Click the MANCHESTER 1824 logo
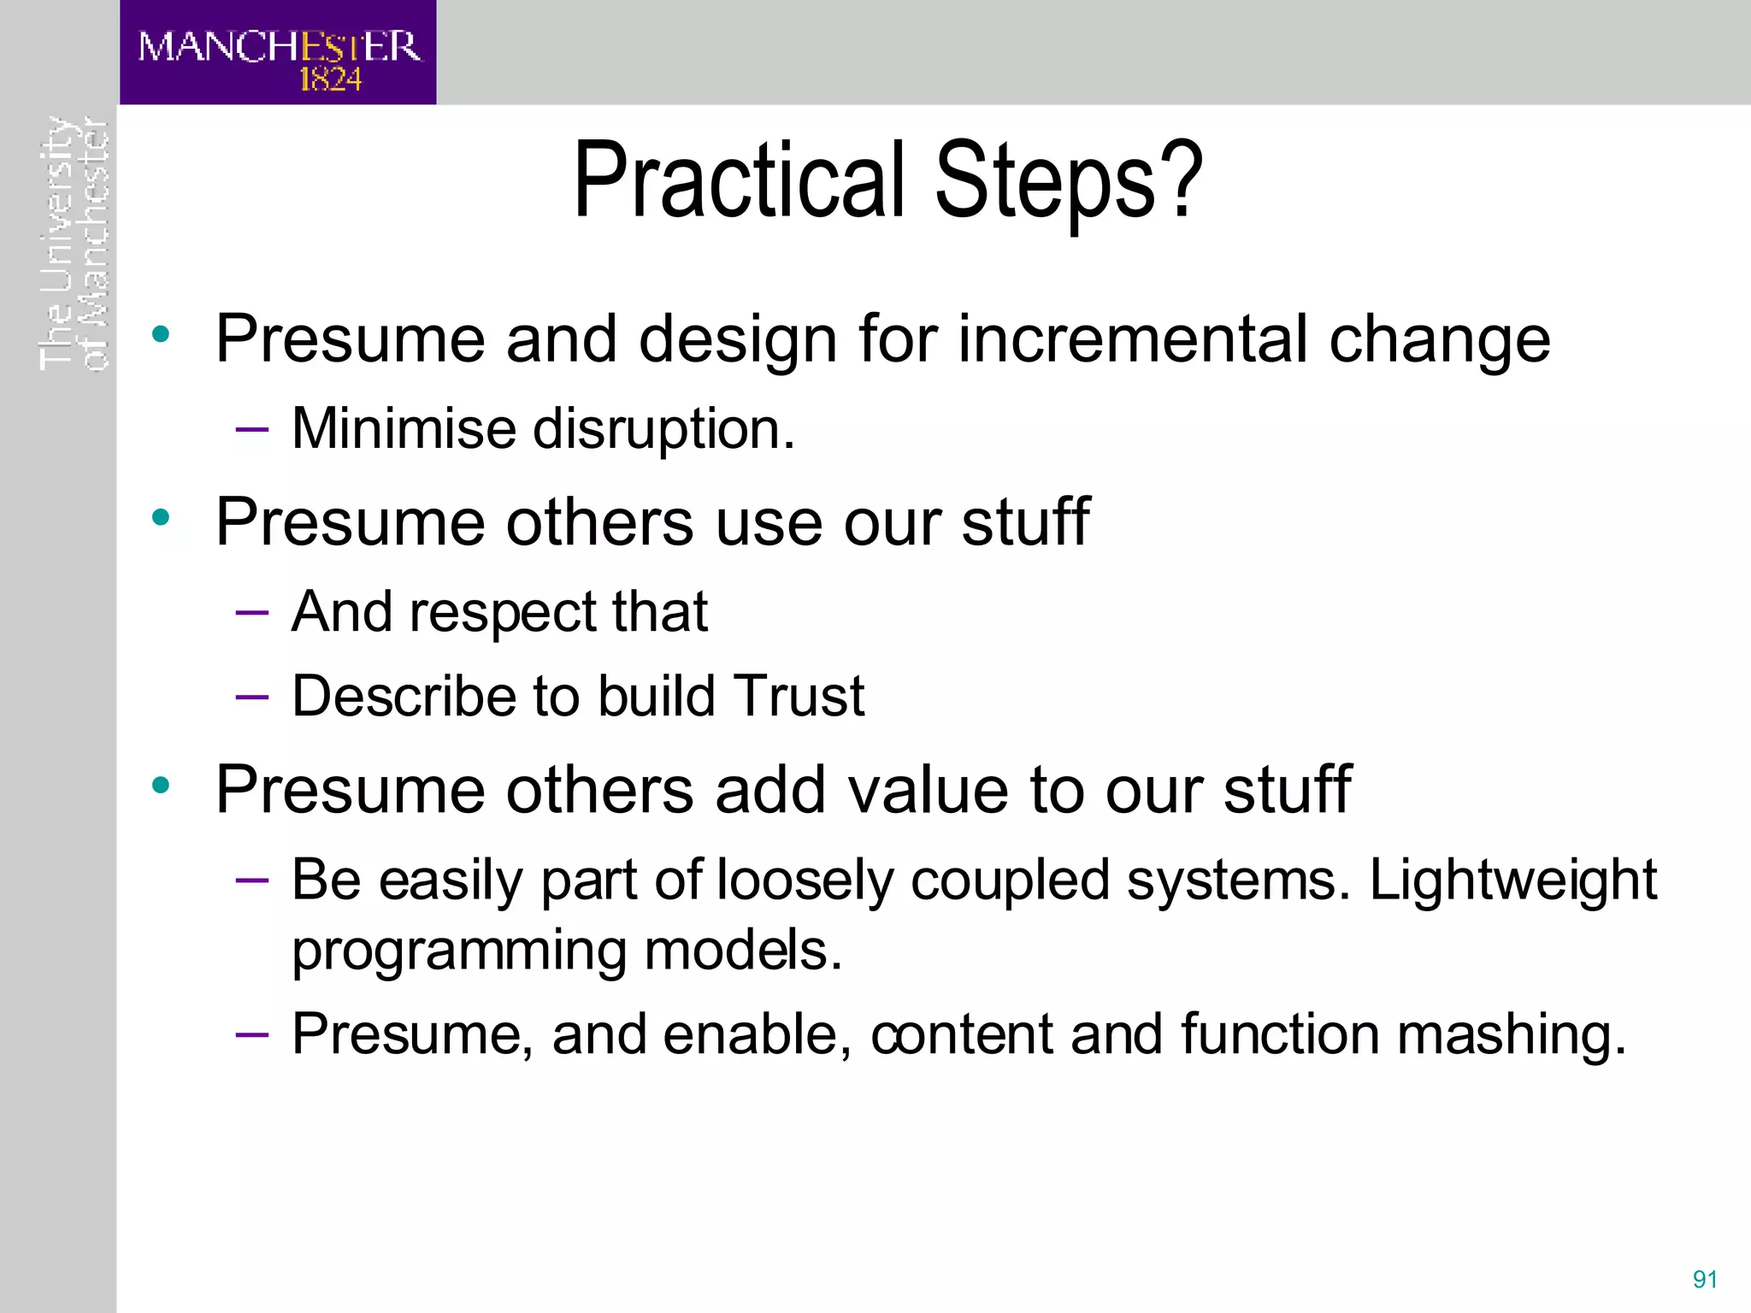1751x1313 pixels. (x=278, y=53)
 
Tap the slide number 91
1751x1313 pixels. (x=1705, y=1279)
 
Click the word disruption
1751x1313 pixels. (x=663, y=429)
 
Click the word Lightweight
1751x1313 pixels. (x=1512, y=880)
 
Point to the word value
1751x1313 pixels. (x=929, y=789)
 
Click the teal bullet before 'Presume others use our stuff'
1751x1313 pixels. (x=161, y=517)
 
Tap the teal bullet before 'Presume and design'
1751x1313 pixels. (x=161, y=334)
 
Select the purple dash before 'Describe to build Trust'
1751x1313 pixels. (x=252, y=697)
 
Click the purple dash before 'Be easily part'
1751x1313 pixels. (x=252, y=880)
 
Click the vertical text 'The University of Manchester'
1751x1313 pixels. (x=74, y=244)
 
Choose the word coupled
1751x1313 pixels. (x=1009, y=880)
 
